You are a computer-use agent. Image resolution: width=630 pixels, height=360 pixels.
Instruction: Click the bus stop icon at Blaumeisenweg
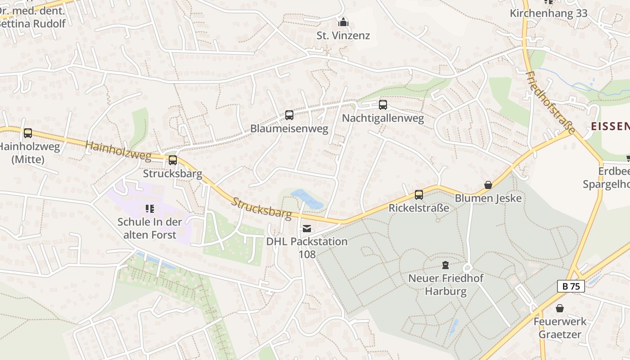(x=289, y=115)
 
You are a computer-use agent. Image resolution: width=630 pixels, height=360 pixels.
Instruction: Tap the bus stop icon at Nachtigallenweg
(x=383, y=105)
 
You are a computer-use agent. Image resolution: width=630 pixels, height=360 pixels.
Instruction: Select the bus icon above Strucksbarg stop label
(x=173, y=160)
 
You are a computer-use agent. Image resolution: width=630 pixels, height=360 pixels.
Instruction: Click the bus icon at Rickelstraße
(x=419, y=195)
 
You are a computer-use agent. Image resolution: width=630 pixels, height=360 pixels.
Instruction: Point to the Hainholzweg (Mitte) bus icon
(x=28, y=133)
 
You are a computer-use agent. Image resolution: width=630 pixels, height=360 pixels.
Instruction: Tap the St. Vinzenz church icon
(x=343, y=22)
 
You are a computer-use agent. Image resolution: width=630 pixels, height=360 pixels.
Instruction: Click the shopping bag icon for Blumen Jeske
(x=488, y=185)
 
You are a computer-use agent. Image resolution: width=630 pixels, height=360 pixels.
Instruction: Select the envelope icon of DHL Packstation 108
(x=307, y=229)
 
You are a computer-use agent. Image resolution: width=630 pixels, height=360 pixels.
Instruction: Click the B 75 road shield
(x=571, y=286)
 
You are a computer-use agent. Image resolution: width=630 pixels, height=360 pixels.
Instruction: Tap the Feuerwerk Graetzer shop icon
(x=560, y=308)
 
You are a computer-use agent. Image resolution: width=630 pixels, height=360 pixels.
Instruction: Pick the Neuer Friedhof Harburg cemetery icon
(x=445, y=265)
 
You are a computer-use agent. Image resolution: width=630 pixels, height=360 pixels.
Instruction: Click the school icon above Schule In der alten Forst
(x=150, y=208)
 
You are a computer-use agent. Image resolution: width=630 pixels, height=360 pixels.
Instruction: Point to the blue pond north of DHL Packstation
(x=307, y=199)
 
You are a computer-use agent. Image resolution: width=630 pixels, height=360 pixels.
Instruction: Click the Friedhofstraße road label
(x=550, y=103)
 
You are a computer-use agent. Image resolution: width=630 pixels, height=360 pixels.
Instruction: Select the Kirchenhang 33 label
(x=548, y=13)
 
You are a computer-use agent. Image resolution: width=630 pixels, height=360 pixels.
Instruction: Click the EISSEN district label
(x=610, y=126)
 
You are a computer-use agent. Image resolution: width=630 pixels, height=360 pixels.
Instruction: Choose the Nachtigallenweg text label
(x=383, y=118)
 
